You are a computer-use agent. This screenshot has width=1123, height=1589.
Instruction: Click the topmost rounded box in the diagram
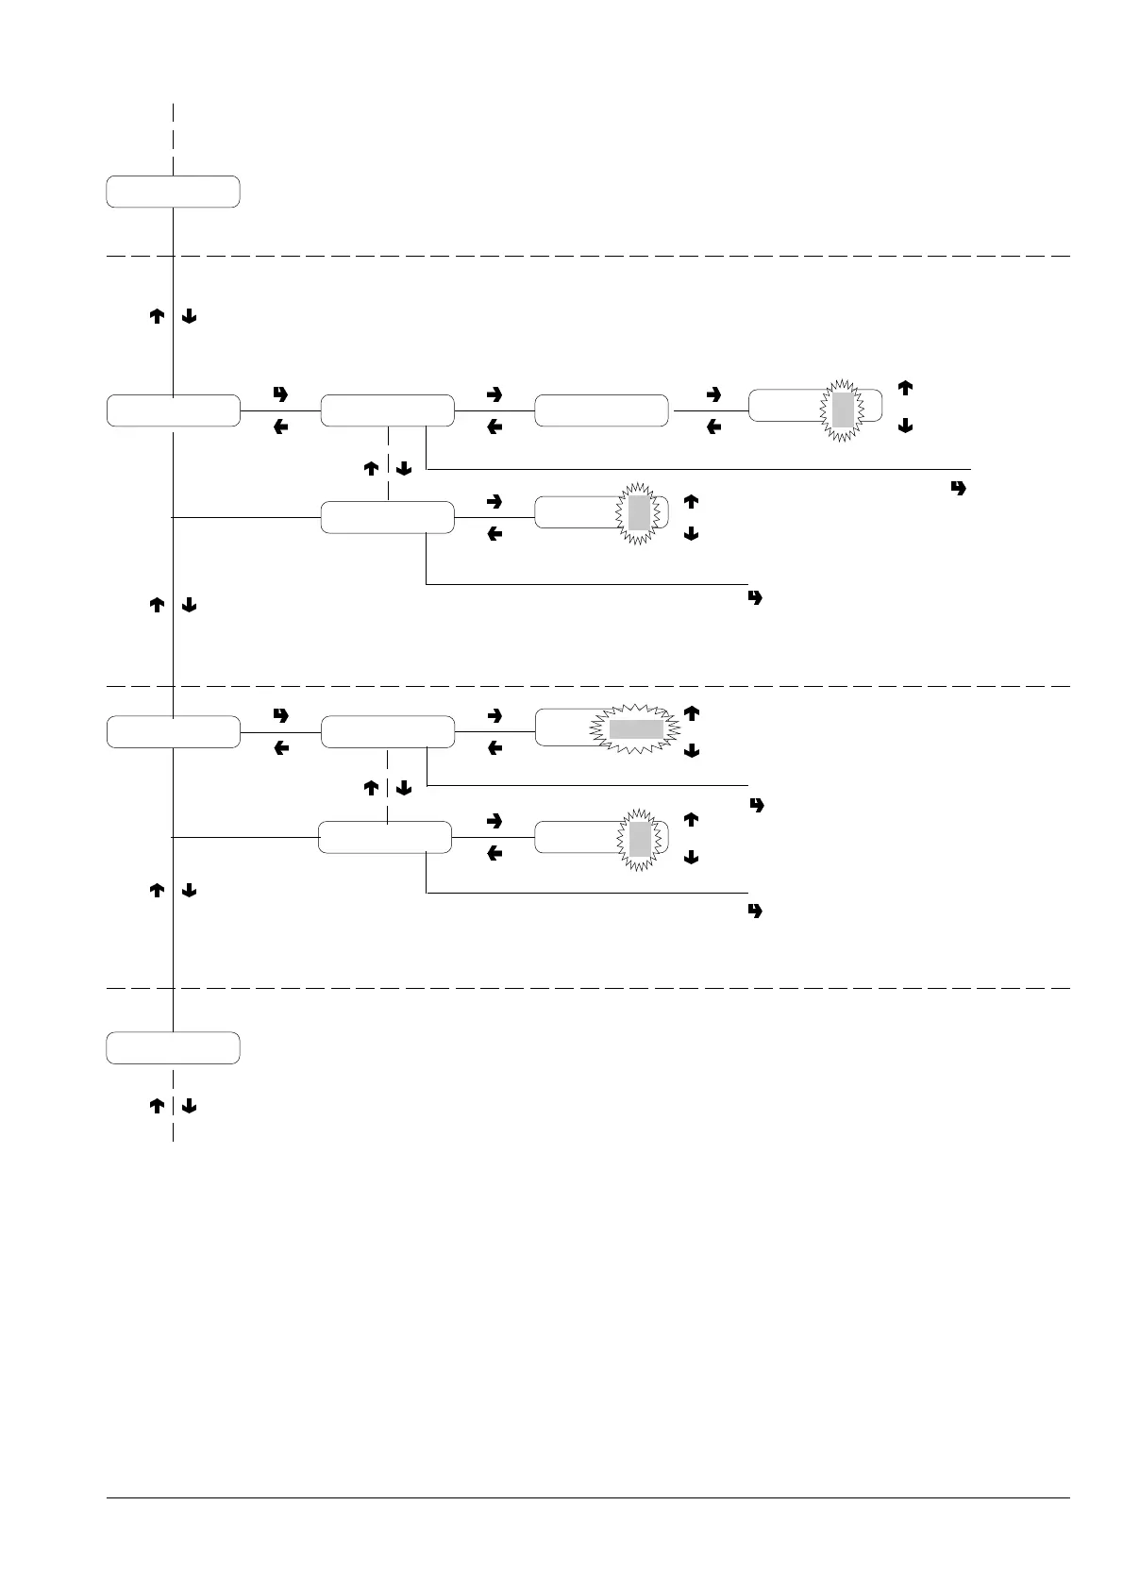click(173, 191)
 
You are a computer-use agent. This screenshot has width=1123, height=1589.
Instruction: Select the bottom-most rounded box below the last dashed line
click(173, 1048)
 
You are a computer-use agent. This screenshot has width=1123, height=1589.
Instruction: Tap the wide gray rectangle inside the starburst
click(635, 728)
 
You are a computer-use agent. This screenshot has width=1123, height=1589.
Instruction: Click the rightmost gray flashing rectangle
click(843, 409)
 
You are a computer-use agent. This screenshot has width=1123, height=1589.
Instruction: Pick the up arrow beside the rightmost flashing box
click(905, 387)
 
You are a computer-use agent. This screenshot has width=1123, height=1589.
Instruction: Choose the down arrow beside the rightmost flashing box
click(905, 427)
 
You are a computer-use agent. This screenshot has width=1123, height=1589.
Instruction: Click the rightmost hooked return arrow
click(961, 489)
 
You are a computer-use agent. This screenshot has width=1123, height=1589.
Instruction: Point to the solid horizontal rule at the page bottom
click(588, 1497)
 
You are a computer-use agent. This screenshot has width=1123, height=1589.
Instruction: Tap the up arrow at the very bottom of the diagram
click(158, 1106)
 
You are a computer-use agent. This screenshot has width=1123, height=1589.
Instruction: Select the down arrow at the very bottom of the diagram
click(188, 1106)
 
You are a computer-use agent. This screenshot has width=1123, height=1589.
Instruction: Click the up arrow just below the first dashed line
click(158, 318)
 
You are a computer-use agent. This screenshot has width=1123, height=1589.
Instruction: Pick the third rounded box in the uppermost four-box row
click(601, 411)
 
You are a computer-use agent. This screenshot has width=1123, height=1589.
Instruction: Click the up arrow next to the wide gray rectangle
click(691, 714)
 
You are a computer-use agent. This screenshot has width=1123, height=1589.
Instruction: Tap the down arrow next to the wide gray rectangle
click(691, 751)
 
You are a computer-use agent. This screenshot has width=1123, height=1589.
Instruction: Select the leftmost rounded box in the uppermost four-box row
click(173, 411)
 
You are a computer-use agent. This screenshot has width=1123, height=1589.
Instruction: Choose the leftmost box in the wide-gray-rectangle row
click(173, 732)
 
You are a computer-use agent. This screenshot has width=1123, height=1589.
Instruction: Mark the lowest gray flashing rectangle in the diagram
click(640, 838)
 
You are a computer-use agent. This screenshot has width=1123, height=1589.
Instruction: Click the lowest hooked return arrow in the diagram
click(755, 912)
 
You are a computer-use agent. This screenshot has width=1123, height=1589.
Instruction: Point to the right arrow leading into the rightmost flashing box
click(713, 393)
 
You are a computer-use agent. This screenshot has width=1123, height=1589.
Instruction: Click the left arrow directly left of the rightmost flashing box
click(713, 427)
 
